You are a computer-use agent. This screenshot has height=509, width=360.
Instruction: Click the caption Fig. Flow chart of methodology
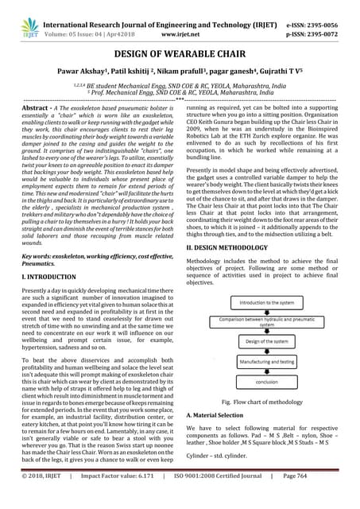[x=263, y=403]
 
